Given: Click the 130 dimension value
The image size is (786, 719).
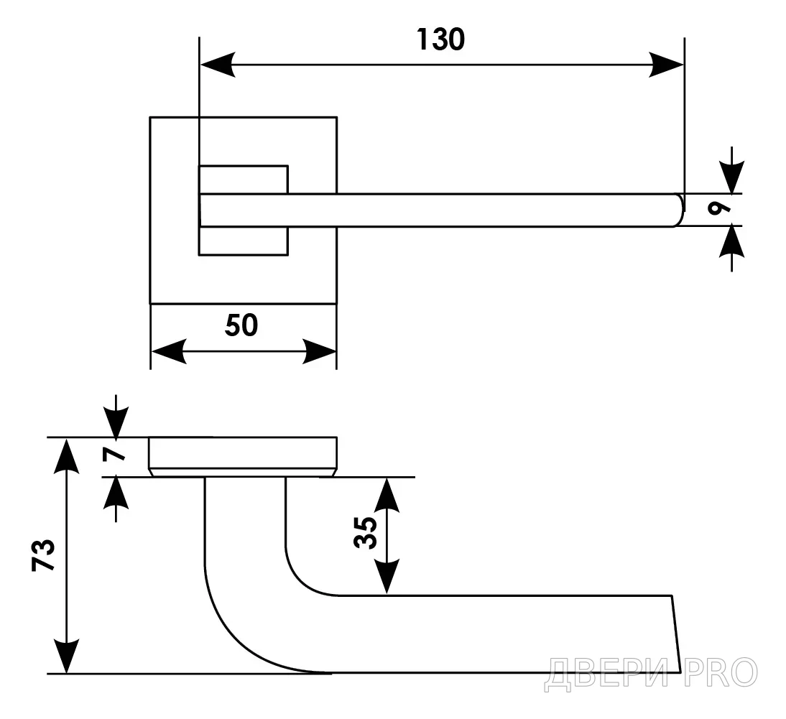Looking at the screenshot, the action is pos(440,40).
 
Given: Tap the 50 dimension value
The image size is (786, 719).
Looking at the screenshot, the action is pos(241,325).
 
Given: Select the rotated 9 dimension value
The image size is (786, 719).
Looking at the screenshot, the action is pos(719,208).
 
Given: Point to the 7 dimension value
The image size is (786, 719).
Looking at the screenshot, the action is pos(114,454).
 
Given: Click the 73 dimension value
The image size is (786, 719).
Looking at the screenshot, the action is pos(43,555).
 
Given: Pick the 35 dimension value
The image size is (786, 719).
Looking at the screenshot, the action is pos(366,533).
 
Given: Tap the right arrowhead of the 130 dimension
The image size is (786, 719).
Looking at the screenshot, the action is pos(666,65).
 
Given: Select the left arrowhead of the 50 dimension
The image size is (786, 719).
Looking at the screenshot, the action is pos(168,351).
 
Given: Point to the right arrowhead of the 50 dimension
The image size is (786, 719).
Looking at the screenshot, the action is pos(319,351).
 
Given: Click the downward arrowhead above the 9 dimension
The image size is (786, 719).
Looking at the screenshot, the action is pos(732,177).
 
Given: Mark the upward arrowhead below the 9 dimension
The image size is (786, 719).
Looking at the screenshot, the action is pos(732,242).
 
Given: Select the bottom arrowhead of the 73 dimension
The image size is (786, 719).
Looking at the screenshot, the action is pos(67,657).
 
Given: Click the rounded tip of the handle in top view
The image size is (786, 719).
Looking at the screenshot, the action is pos(680,210).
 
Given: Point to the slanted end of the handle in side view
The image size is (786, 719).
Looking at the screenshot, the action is pos(676,634).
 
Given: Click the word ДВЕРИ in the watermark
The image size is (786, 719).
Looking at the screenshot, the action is pos(606,674).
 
